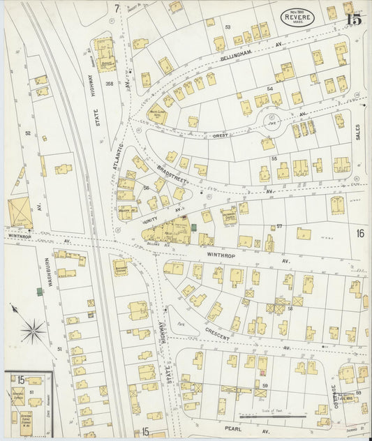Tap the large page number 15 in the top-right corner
click(x=353, y=18)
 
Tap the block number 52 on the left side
click(x=28, y=132)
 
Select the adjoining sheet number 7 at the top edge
click(x=117, y=8)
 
